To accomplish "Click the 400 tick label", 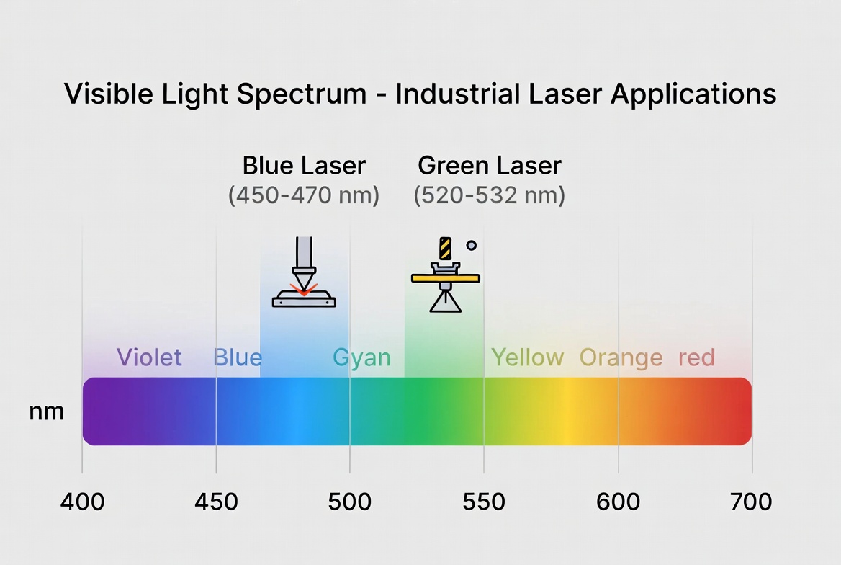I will [x=82, y=502].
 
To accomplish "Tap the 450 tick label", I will [x=217, y=502].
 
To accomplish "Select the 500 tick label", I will [x=350, y=502].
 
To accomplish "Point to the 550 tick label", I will [x=484, y=502].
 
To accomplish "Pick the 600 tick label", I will [x=618, y=502].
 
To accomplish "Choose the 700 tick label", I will [x=751, y=502].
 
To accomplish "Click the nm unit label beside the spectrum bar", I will [x=47, y=411].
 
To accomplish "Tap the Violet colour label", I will [x=149, y=357].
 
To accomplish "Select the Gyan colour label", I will [x=361, y=357].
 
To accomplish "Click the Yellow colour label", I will [x=527, y=357].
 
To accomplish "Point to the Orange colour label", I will [x=621, y=357].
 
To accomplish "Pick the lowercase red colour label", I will [x=696, y=357].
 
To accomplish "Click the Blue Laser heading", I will [x=304, y=166].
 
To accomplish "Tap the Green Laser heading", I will [x=489, y=166].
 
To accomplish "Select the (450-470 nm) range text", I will [x=304, y=195].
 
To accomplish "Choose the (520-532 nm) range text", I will [x=489, y=195].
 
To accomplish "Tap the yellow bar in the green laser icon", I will [x=446, y=277].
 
